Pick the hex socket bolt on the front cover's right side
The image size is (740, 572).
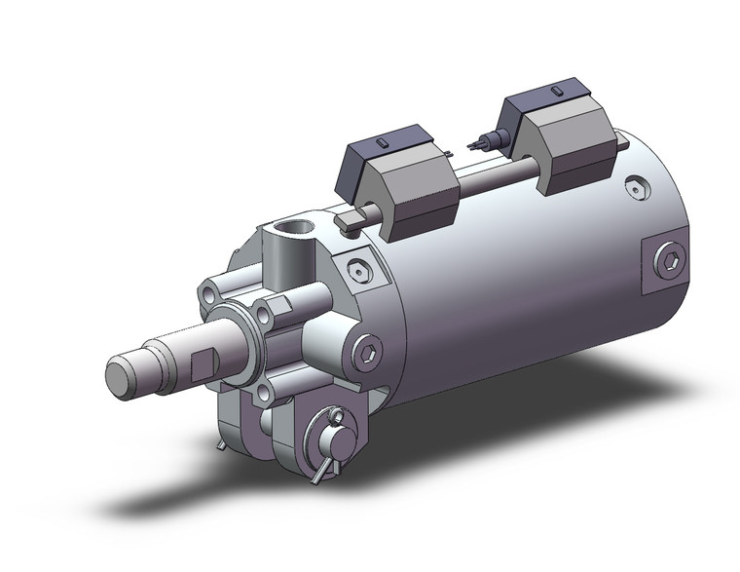click(369, 353)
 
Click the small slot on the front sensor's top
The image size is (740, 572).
click(386, 144)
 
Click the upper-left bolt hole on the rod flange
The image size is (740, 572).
click(210, 290)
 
